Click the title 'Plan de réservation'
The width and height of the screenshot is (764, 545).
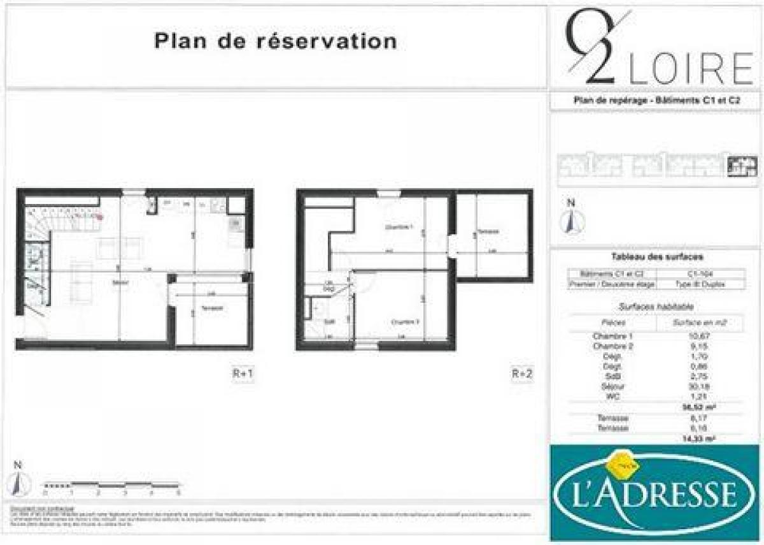[275, 41]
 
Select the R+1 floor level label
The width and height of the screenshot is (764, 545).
[242, 374]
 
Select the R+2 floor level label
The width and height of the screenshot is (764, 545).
[521, 374]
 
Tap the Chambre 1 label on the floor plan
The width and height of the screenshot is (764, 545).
[399, 227]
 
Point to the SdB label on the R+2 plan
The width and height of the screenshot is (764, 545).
[330, 321]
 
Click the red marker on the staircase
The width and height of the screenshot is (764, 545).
[99, 217]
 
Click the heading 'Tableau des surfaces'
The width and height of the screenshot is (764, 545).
[656, 257]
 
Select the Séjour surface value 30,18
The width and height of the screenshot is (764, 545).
[699, 386]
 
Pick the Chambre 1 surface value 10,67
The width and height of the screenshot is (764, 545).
[699, 336]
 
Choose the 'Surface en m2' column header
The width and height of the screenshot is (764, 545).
[699, 323]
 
